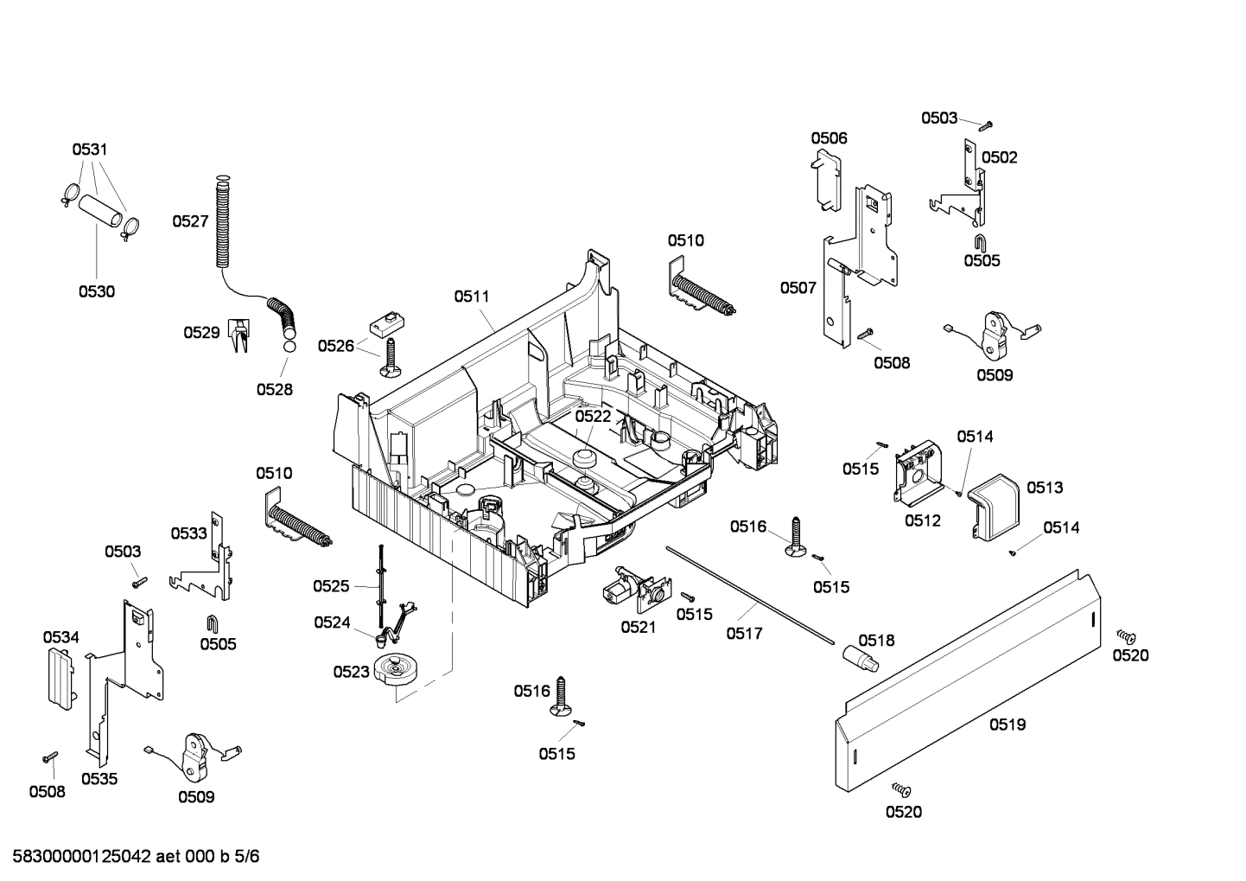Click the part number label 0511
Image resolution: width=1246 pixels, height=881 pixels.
(x=472, y=297)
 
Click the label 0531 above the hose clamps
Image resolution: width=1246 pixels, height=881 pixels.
(x=90, y=150)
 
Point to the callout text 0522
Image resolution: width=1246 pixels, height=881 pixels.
(x=593, y=416)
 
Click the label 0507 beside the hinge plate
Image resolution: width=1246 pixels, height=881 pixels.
(x=798, y=288)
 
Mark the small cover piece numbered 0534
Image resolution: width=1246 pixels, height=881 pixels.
(x=60, y=677)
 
